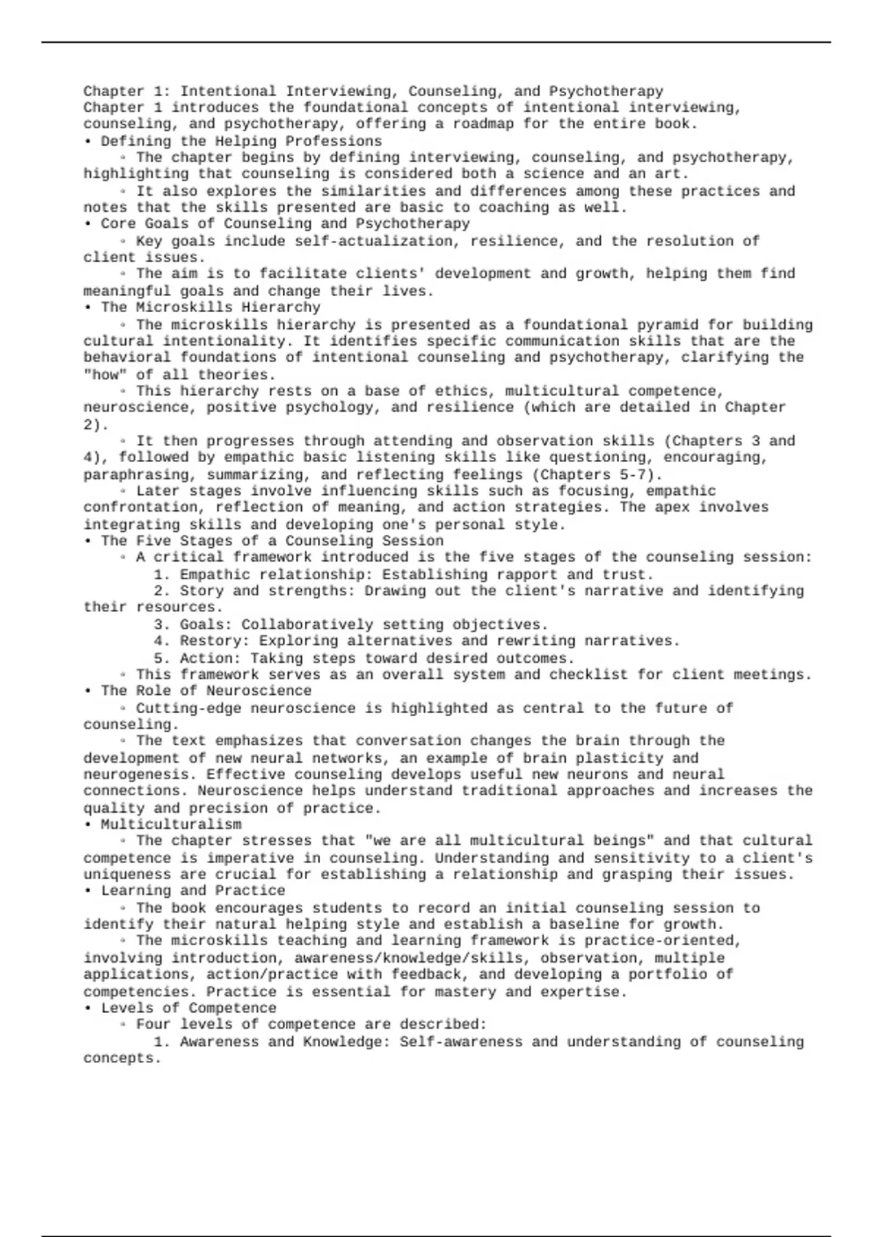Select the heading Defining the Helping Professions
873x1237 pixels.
point(241,141)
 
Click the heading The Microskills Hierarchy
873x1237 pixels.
point(210,307)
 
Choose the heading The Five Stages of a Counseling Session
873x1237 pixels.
point(272,541)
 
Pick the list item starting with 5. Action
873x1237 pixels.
point(364,658)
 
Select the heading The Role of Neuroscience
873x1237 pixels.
point(206,691)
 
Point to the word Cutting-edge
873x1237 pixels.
point(188,708)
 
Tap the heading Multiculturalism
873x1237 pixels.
point(171,824)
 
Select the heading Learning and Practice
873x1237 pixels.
point(193,891)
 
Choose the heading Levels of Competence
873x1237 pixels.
point(188,1008)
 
